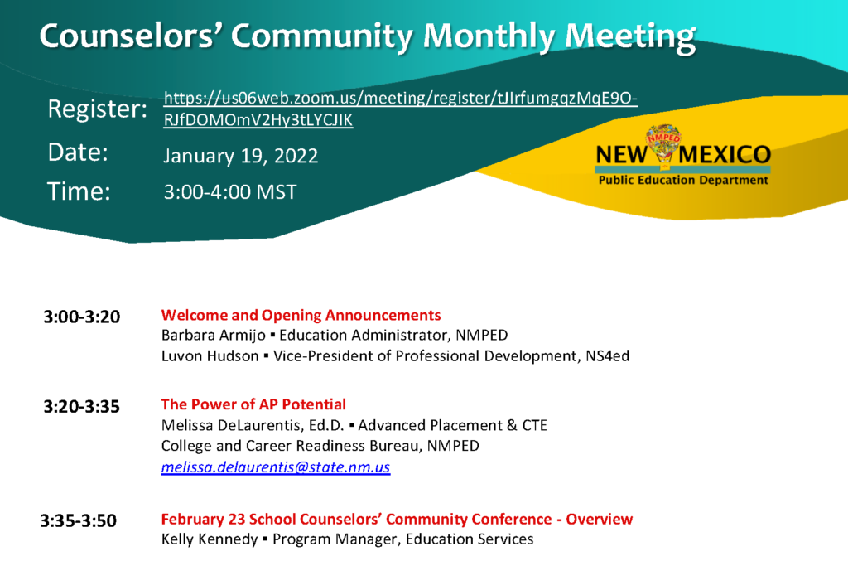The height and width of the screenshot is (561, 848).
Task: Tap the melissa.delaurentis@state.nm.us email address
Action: [276, 467]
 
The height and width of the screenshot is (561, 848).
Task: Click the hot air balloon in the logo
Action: [663, 143]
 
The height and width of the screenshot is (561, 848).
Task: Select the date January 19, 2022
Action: [241, 157]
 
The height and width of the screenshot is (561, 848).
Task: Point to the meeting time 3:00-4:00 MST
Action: [230, 192]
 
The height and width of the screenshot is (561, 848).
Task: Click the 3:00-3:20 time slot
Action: [82, 317]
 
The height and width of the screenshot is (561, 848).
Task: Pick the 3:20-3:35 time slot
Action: [82, 406]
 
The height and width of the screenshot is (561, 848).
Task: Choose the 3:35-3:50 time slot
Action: [79, 520]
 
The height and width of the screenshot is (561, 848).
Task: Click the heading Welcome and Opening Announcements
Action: [301, 315]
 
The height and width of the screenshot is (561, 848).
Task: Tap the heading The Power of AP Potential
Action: [253, 404]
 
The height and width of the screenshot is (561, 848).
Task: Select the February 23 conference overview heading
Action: [397, 519]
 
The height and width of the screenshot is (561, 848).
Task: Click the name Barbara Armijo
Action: [213, 336]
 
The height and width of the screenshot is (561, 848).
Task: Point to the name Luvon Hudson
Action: [210, 356]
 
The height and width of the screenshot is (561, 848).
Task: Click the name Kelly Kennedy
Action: [210, 539]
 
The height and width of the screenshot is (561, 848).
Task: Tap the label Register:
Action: [98, 109]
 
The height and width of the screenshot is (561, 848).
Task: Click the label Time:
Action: [79, 191]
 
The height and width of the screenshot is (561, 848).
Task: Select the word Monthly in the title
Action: [489, 36]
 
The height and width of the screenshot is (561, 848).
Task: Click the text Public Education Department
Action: [683, 180]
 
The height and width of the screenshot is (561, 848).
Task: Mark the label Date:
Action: [78, 152]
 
